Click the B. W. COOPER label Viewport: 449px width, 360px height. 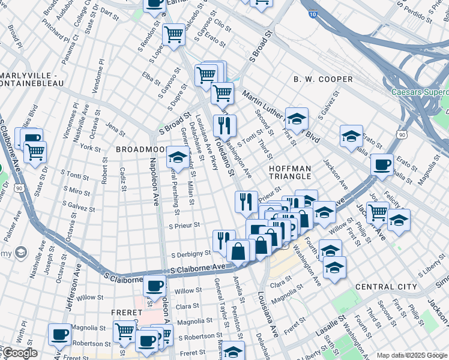323,79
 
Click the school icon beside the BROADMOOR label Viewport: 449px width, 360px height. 176,157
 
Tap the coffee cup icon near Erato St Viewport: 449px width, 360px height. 382,164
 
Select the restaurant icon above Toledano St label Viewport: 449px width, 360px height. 224,125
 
